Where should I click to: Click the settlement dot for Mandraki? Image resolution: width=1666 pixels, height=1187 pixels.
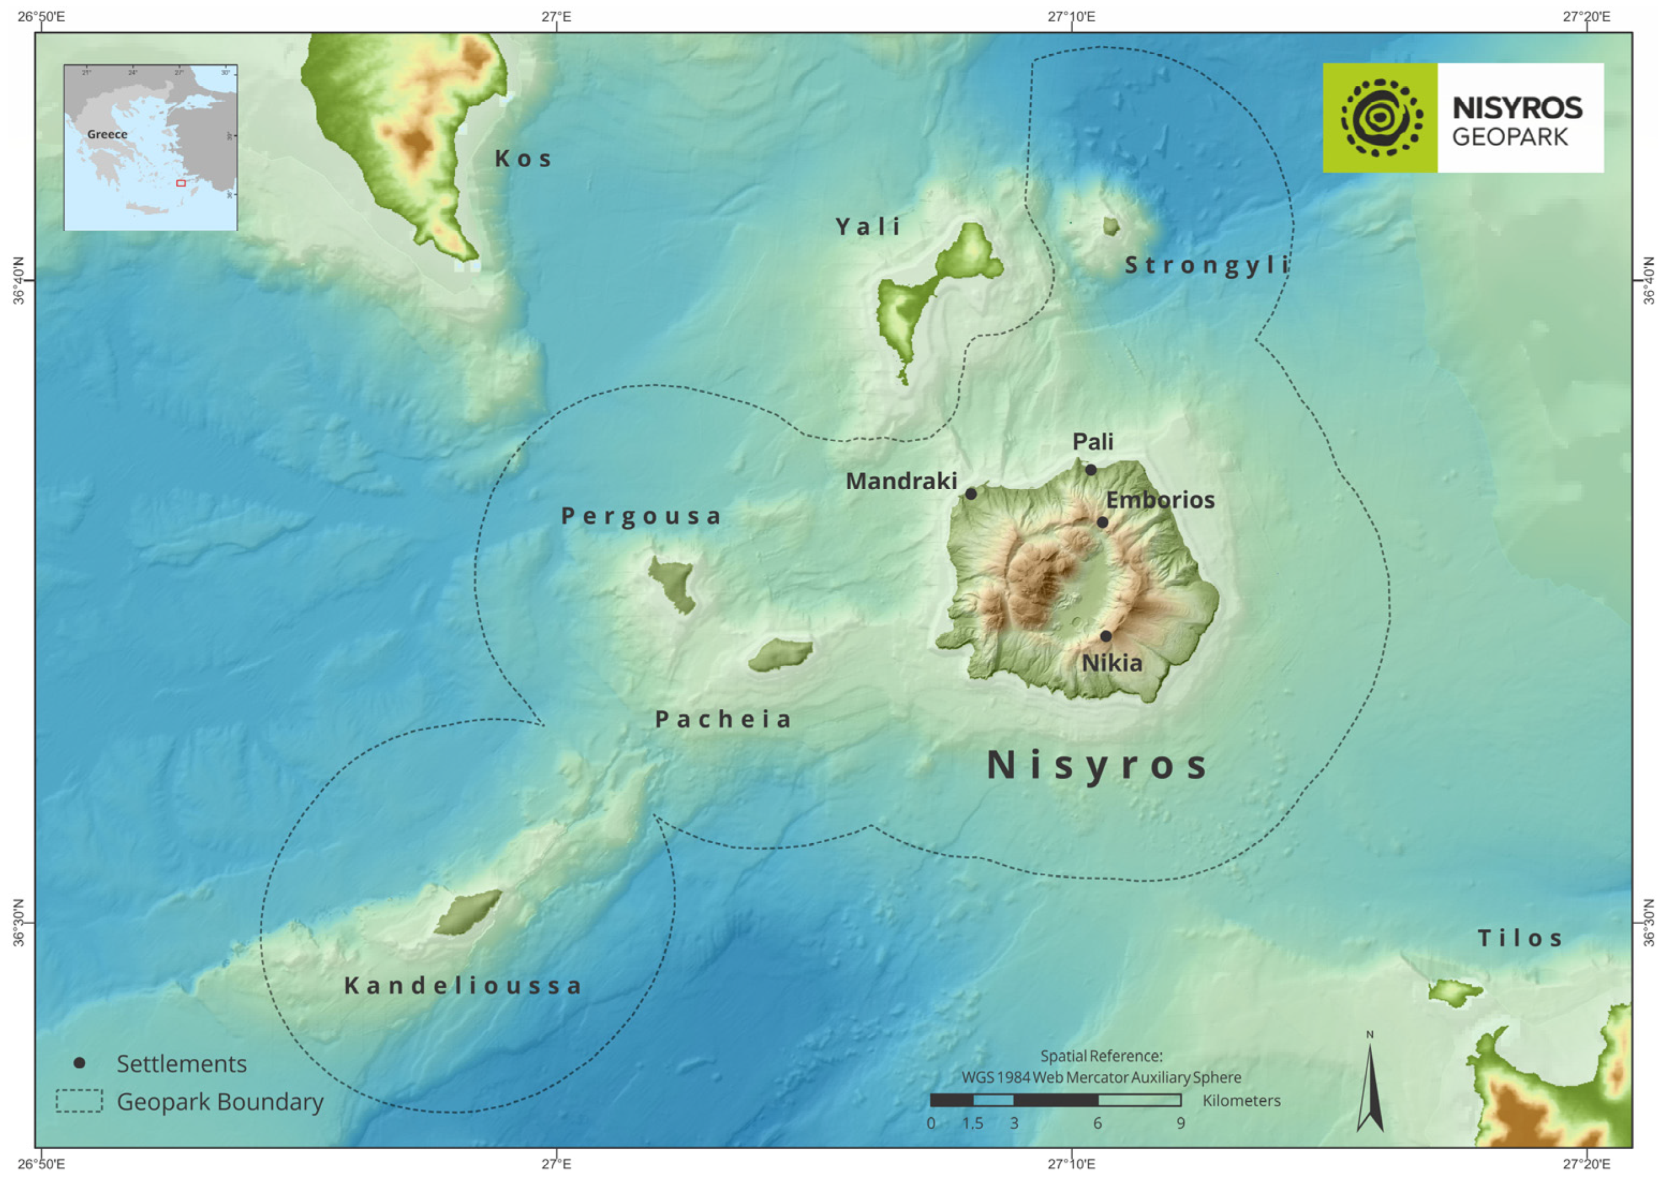[971, 494]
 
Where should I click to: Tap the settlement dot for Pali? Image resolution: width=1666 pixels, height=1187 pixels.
[1090, 470]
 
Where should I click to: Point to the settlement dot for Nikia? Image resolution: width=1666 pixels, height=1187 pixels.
[1106, 636]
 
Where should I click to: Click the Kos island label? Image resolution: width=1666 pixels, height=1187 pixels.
[523, 159]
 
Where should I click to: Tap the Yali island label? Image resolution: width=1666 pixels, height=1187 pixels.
[868, 226]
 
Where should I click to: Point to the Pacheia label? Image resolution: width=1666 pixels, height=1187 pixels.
[723, 719]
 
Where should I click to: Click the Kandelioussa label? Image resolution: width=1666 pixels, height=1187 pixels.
[463, 986]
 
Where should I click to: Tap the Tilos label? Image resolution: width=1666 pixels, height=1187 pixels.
[1521, 939]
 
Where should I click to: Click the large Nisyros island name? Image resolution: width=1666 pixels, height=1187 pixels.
[1098, 765]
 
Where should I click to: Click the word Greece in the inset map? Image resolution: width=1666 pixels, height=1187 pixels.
[107, 135]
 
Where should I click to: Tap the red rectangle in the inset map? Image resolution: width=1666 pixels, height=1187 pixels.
[181, 183]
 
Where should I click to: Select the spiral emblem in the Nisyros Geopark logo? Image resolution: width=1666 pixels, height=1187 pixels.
[1381, 117]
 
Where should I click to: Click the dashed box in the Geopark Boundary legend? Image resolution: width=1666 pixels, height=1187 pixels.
[79, 1101]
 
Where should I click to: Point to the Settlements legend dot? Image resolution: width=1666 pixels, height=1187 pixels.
[80, 1062]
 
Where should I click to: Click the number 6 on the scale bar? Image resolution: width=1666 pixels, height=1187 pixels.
[1098, 1123]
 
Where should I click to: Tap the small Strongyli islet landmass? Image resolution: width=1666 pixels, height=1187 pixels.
[1111, 226]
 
